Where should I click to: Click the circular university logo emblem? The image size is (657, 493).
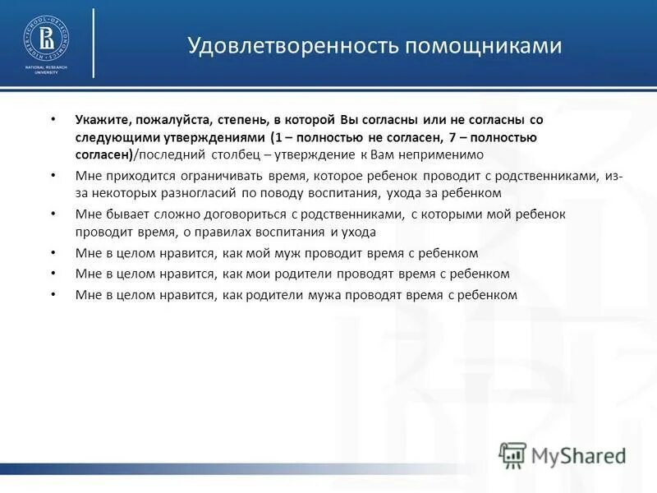(x=46, y=38)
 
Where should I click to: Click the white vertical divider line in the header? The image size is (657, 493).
(x=93, y=43)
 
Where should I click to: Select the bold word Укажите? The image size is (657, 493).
(x=100, y=120)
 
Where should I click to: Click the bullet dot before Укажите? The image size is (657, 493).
(x=54, y=120)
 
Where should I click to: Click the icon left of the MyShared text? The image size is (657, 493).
(x=512, y=454)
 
